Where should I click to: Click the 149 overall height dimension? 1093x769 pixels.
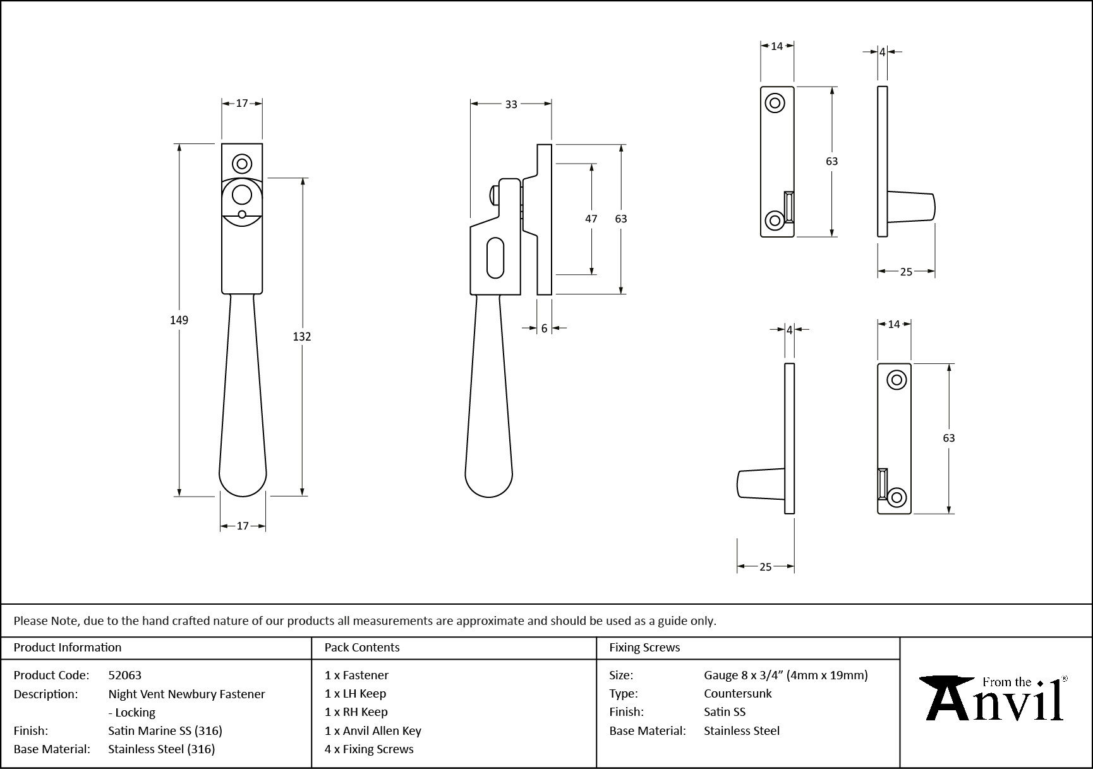[x=179, y=320]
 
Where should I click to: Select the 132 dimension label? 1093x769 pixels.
[x=301, y=336]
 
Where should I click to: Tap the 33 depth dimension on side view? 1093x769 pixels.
[x=511, y=104]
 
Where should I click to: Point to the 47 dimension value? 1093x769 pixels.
[x=591, y=219]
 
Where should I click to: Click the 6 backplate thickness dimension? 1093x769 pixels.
[x=544, y=328]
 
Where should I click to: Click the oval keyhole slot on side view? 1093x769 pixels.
[x=495, y=257]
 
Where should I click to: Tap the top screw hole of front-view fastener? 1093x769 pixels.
[x=242, y=164]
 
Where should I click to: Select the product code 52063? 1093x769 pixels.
[x=124, y=675]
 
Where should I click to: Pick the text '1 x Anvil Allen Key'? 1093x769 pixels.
[x=373, y=730]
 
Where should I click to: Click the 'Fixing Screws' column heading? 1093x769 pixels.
[x=644, y=647]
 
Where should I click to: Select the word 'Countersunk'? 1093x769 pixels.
[x=737, y=693]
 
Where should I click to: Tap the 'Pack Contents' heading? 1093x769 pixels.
[x=362, y=647]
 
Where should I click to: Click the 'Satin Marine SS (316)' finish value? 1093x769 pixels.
[x=165, y=730]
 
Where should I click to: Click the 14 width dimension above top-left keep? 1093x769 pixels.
[x=776, y=45]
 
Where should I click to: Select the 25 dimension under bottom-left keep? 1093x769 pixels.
[x=765, y=567]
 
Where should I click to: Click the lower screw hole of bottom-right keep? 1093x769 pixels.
[x=897, y=497]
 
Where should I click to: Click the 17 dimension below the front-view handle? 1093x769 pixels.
[x=243, y=526]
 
